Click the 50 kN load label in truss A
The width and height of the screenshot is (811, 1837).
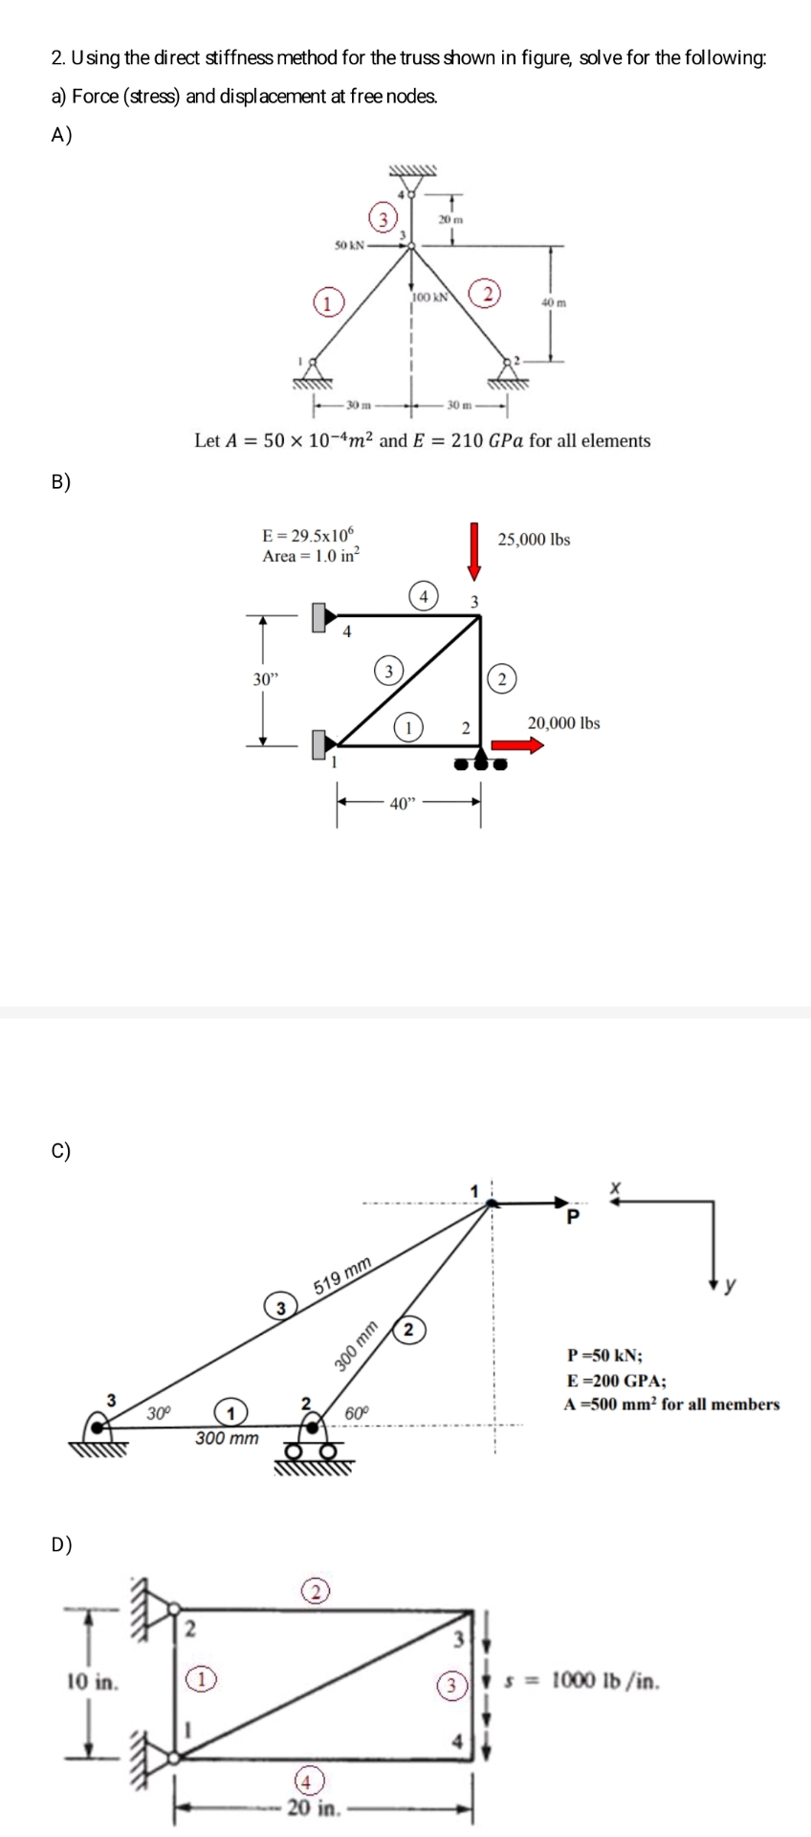(347, 244)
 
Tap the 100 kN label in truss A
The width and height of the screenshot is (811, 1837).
(430, 297)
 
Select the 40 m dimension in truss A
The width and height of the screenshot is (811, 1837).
(555, 302)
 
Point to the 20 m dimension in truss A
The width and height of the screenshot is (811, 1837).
(450, 220)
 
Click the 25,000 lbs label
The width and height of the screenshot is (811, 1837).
(534, 540)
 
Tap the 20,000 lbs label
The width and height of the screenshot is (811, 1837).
(563, 723)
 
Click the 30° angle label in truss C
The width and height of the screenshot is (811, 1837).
(158, 1411)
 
